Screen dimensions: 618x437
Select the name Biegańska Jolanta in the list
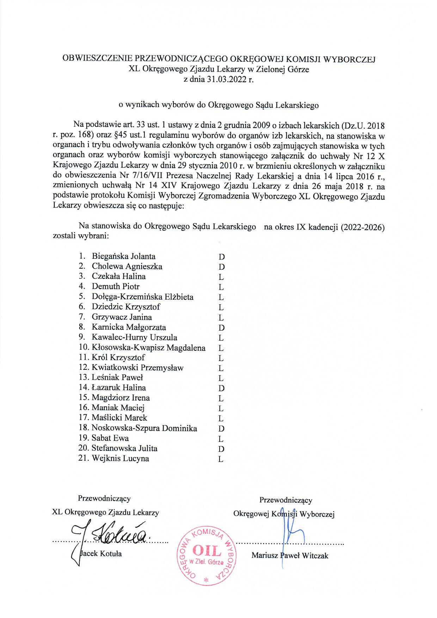point(123,256)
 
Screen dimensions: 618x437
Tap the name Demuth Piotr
point(116,287)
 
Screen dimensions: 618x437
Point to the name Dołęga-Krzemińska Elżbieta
point(142,297)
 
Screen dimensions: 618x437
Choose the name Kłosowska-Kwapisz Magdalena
point(148,348)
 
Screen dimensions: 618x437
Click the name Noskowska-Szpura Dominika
point(144,428)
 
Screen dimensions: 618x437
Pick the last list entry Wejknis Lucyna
point(120,459)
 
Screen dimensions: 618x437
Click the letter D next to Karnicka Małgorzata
point(221,328)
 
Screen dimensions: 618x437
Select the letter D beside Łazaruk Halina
point(221,388)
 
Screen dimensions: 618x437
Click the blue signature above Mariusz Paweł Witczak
point(287,536)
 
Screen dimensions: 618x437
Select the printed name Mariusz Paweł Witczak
point(290,556)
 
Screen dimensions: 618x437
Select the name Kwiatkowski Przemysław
point(137,368)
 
